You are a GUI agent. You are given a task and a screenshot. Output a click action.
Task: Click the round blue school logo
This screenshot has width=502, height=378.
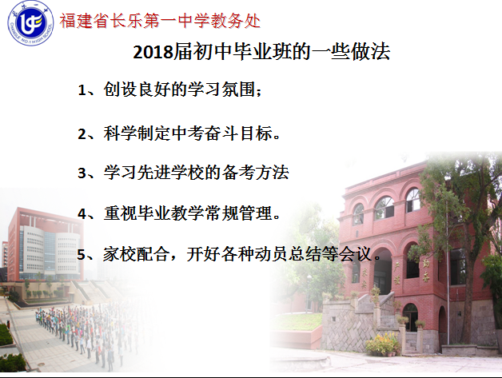pos(30,23)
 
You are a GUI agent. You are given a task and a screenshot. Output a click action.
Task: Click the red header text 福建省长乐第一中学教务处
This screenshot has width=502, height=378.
pos(160,21)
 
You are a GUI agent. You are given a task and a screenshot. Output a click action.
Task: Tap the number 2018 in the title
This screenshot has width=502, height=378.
pos(153,51)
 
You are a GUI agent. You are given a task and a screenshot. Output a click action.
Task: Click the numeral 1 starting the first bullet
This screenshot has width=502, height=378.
pos(82,90)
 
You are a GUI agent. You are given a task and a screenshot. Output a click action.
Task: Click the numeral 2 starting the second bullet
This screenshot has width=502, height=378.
pos(82,133)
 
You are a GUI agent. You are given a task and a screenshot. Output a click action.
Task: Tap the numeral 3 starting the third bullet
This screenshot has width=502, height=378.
pos(82,173)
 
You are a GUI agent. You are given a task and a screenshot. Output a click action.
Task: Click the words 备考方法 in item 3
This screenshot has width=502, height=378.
pos(255,173)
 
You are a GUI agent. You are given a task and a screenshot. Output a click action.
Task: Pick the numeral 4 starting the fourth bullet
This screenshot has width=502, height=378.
pos(82,213)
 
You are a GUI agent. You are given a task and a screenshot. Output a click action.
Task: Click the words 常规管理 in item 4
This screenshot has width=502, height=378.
pos(238,213)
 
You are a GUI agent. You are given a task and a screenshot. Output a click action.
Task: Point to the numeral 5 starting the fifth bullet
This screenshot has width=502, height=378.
pos(82,255)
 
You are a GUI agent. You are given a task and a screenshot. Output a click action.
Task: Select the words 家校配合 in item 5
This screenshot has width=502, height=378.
pos(136,254)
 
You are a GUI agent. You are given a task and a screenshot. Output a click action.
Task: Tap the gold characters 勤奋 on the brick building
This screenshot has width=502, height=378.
pos(426,270)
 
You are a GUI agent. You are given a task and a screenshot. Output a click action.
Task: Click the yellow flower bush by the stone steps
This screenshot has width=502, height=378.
pos(383,344)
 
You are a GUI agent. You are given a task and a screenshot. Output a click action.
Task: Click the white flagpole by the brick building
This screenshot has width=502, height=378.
pos(448,272)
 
